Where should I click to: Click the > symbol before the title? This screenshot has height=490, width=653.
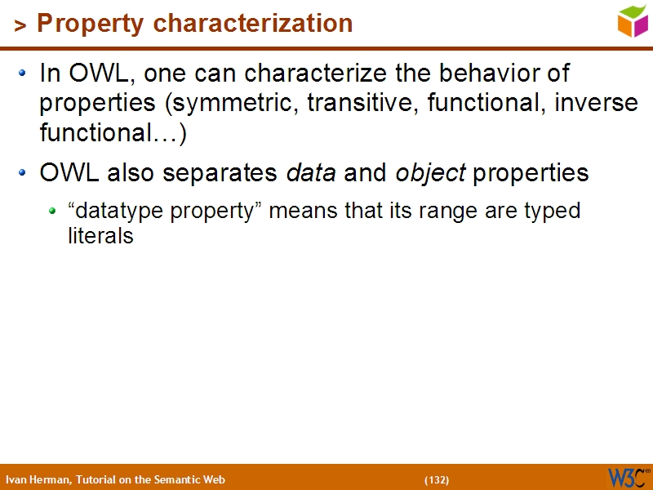click(x=20, y=26)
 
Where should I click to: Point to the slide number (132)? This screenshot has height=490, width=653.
click(x=437, y=479)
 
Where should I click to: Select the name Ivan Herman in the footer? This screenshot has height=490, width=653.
click(x=38, y=479)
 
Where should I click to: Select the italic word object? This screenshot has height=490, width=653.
click(x=430, y=173)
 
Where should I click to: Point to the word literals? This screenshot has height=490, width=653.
click(x=100, y=236)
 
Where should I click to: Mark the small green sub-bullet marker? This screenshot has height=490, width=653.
click(x=52, y=211)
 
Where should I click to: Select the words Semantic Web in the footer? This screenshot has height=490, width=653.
click(x=193, y=479)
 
